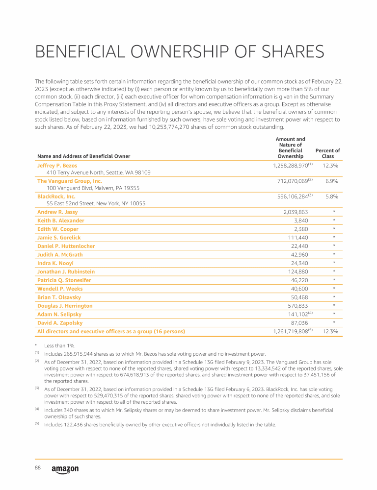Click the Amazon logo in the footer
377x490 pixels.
pyautogui.click(x=65, y=469)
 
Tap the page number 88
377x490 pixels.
pyautogui.click(x=37, y=468)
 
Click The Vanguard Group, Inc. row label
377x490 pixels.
pyautogui.click(x=70, y=181)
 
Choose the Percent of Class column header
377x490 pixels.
pyautogui.click(x=327, y=153)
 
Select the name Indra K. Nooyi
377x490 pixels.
pyautogui.click(x=55, y=263)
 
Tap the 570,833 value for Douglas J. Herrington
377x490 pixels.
pyautogui.click(x=298, y=306)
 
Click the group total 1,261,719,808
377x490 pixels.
pyautogui.click(x=290, y=332)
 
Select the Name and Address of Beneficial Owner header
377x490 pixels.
pyautogui.click(x=84, y=156)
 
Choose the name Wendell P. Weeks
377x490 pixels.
pyautogui.click(x=60, y=289)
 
